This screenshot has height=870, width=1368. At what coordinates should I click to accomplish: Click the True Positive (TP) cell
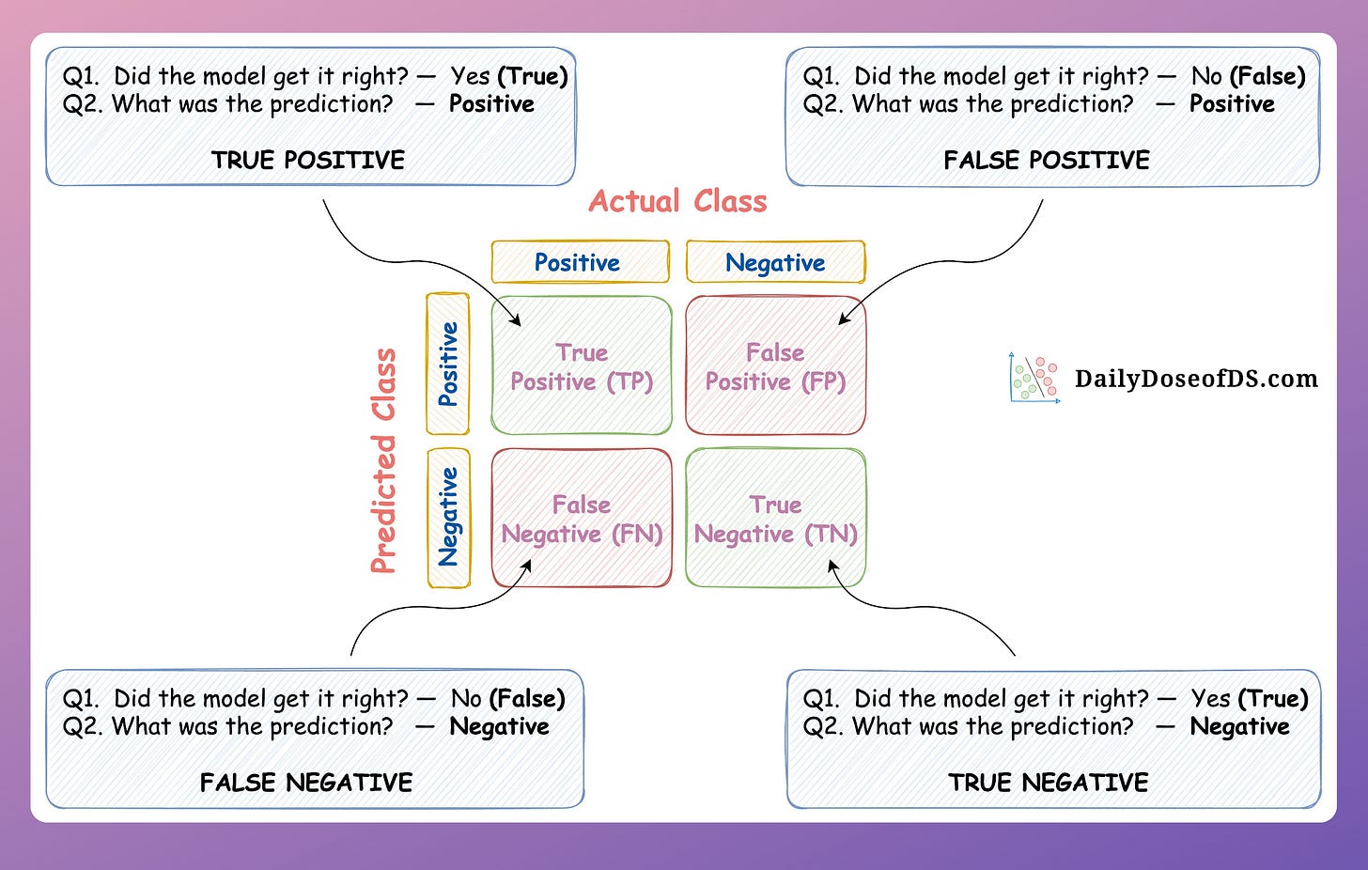point(582,366)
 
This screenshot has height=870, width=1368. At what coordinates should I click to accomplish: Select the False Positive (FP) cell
point(775,366)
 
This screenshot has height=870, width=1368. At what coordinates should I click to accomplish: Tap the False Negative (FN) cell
point(582,519)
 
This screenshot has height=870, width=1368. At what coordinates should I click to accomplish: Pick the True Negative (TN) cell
point(775,519)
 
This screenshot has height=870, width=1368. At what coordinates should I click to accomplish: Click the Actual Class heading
point(677,201)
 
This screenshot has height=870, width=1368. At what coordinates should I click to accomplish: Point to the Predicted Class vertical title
point(383,460)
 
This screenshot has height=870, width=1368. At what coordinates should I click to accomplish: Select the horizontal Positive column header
point(578,262)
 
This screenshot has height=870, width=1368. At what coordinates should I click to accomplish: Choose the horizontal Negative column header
point(775,262)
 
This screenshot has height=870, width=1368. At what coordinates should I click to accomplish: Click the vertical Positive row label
point(448,364)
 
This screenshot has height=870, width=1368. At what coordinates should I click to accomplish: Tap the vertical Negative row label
point(448,517)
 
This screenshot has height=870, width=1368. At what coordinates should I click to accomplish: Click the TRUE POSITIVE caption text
point(308,160)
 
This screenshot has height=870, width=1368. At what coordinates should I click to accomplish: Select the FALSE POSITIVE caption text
point(1047,160)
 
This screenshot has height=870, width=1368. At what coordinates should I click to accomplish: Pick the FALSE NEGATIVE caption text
point(306,783)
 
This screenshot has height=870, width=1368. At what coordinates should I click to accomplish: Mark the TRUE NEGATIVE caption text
point(1049,783)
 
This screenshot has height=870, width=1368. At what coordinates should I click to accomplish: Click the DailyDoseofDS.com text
point(1196,379)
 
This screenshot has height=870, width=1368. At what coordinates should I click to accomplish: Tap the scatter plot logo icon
point(1034,379)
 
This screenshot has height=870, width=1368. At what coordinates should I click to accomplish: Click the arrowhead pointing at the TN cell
point(833,566)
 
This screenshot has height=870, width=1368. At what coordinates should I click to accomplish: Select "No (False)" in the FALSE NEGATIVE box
point(508,698)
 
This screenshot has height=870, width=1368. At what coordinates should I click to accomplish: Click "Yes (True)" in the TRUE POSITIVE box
point(508,76)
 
